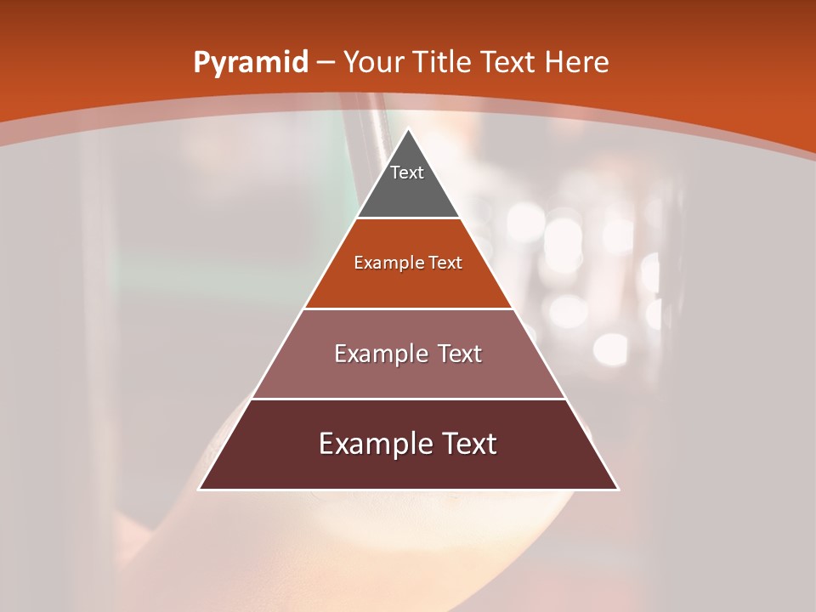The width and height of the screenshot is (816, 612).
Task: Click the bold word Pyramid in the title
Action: [x=250, y=63]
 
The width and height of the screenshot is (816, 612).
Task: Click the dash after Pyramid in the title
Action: [x=326, y=63]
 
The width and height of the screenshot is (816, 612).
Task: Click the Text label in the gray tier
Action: [x=407, y=173]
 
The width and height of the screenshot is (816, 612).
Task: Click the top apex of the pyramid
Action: [x=409, y=129]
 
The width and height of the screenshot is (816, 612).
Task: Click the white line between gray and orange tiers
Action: [x=409, y=218]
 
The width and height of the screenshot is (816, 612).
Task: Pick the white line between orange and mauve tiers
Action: [x=409, y=309]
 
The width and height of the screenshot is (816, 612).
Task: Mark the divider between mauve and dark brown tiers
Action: [x=409, y=399]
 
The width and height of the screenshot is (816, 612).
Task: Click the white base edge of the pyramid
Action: [x=409, y=490]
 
